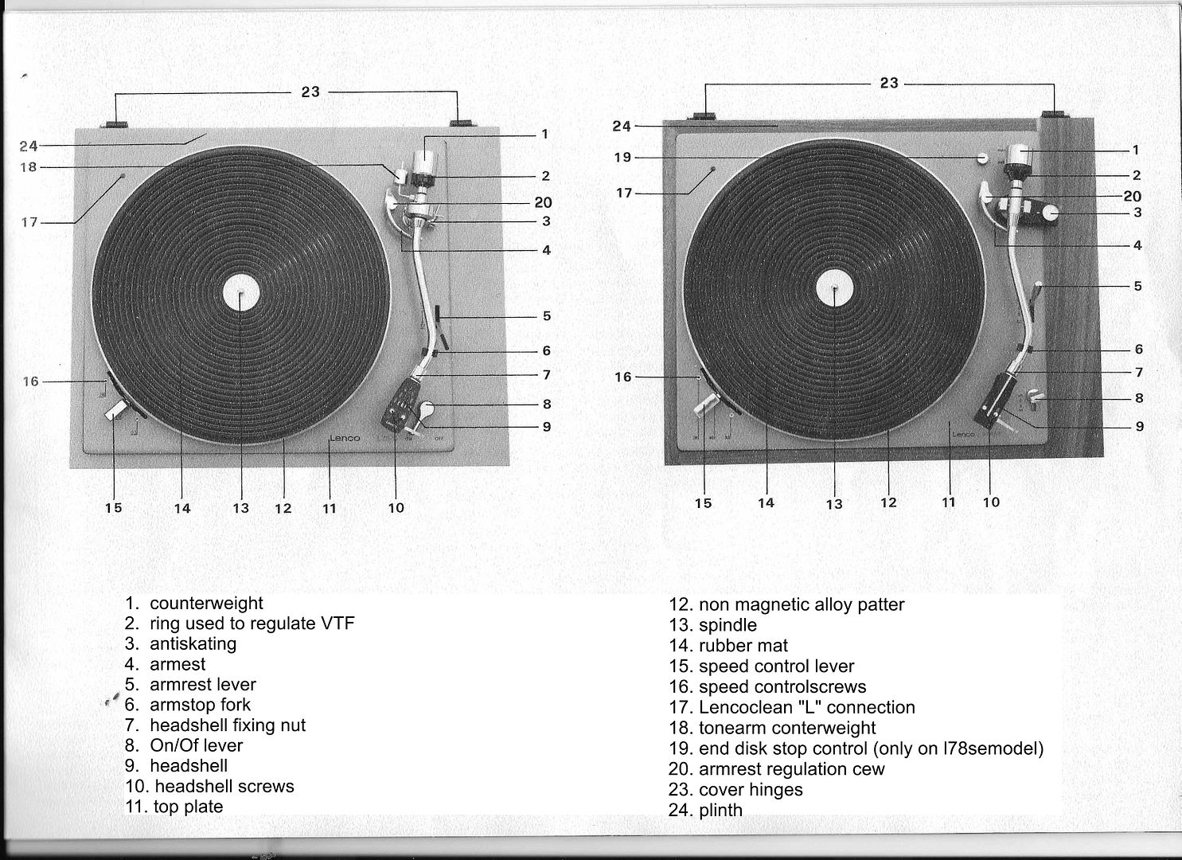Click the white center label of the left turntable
click(x=241, y=292)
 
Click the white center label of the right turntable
click(x=834, y=288)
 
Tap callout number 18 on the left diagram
click(x=29, y=167)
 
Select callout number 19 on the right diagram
click(x=622, y=158)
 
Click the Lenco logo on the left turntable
click(x=345, y=438)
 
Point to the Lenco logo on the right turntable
click(x=964, y=434)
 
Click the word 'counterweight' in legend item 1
click(x=206, y=603)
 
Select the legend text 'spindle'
click(x=728, y=625)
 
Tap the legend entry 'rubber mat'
click(x=743, y=645)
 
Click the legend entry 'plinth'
click(x=720, y=810)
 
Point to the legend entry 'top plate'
click(x=188, y=807)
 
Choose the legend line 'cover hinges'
click(x=751, y=789)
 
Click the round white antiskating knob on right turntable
click(x=1051, y=213)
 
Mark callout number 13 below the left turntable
click(x=240, y=508)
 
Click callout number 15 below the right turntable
click(x=703, y=503)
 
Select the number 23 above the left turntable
click(x=310, y=92)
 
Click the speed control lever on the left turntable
click(x=117, y=409)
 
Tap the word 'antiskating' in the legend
click(x=193, y=644)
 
